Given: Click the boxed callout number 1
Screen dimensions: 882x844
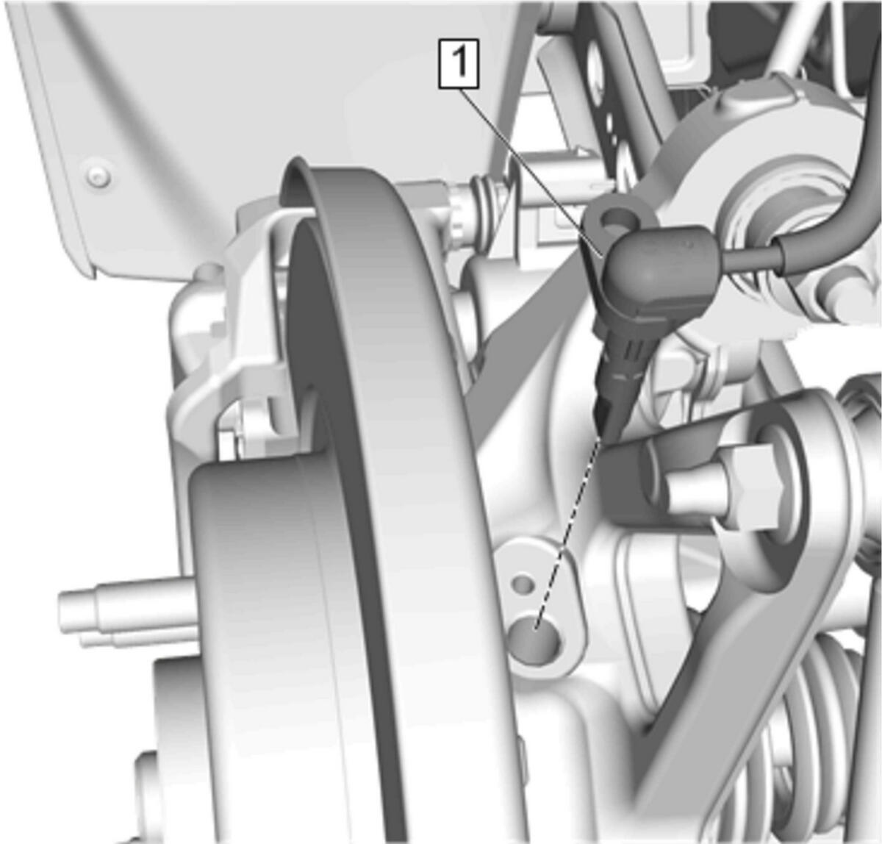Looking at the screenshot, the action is click(458, 63).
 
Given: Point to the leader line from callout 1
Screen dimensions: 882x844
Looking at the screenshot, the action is click(531, 172).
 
